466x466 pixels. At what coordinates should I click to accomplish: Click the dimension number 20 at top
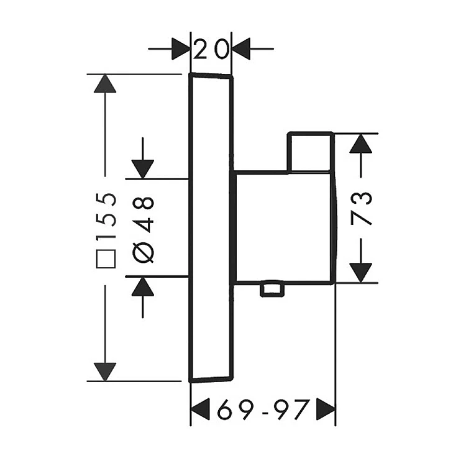coord(212,48)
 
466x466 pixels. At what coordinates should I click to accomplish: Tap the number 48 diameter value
coord(143,214)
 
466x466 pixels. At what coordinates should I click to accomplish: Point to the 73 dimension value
coord(361,209)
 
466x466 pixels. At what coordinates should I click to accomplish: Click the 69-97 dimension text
coord(263,409)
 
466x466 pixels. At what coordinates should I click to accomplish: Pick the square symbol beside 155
coord(106,259)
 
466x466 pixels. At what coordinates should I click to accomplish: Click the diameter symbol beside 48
coord(143,252)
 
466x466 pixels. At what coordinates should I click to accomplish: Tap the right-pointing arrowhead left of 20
coord(181,48)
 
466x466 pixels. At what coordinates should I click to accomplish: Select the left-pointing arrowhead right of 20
coord(240,48)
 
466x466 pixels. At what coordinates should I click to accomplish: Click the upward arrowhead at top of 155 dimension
coord(105,83)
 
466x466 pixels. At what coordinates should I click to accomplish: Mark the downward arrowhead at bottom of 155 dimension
coord(105,372)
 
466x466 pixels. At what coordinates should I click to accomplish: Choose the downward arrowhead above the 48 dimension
coord(143,170)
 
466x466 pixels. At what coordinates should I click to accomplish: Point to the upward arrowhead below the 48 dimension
coord(143,286)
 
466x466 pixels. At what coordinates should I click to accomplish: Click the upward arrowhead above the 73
coord(361,144)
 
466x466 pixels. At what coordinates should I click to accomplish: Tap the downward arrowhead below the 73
coord(361,273)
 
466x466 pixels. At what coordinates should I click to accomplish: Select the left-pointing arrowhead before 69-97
coord(200,409)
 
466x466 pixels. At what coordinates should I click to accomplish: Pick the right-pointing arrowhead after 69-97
coord(326,409)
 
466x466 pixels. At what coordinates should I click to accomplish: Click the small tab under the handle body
coord(272,289)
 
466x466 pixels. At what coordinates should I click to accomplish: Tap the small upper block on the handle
coord(310,152)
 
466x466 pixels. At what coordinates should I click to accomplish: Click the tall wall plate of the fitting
coord(211,227)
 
